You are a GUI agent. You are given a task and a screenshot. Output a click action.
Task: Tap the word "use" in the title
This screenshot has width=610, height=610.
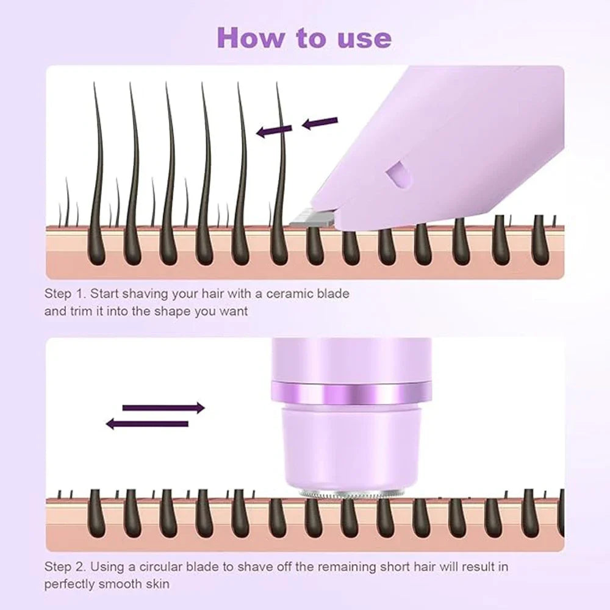point(364,37)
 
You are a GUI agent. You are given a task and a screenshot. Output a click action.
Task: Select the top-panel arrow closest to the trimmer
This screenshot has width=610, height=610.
point(320,124)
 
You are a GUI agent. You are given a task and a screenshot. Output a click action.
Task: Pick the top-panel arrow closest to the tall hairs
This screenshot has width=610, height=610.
point(273,131)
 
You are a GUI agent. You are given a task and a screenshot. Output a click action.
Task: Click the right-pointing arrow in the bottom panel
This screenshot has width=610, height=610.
point(163,407)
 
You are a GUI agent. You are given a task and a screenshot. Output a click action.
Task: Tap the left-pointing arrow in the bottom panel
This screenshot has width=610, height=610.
point(148,423)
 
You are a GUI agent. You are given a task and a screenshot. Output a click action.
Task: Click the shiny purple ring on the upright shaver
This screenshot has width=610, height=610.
point(353,391)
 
